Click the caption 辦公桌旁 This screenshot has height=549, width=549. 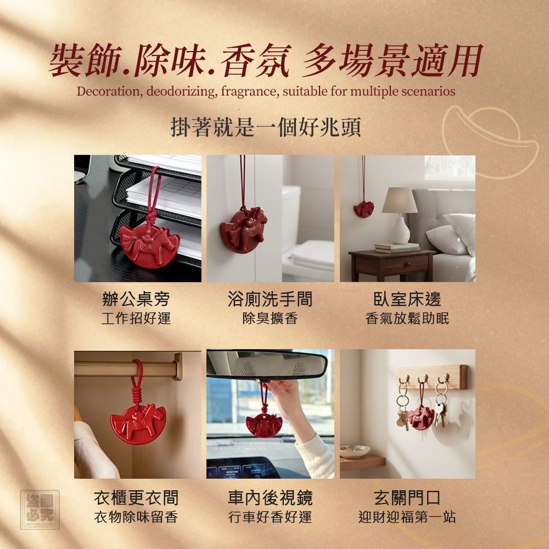pos(136,299)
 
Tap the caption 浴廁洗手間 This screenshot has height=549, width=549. pos(270,299)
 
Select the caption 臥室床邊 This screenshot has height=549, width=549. pos(407,299)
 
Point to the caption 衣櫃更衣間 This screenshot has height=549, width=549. pos(136,497)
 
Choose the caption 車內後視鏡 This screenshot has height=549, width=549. pos(270,497)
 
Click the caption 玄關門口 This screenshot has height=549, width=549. pos(407,497)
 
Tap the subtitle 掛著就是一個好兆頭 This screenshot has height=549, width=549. pos(266,127)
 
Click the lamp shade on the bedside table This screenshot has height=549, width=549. pos(399,200)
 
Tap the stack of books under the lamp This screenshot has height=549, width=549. pos(397,247)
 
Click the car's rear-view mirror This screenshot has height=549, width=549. pos(267,365)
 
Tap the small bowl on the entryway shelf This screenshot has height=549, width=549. pos(355,451)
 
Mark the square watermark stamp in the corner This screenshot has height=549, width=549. pos(40,509)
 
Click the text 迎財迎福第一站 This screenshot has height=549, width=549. pos(407,517)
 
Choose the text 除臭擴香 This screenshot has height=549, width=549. pos(270,318)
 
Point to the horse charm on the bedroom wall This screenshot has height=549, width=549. pos(364,209)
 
